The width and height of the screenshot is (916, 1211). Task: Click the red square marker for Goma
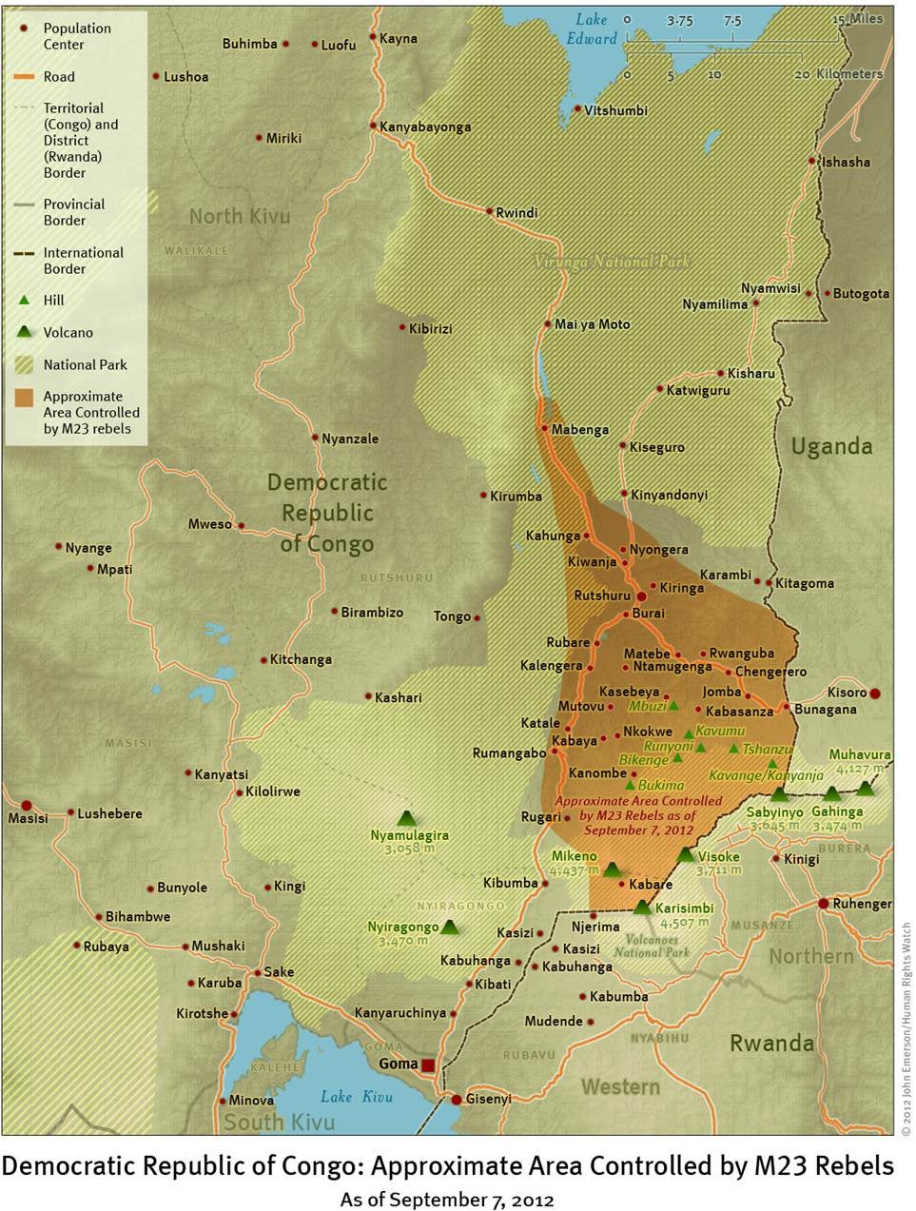[428, 1065]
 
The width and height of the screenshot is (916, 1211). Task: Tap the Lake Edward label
[591, 29]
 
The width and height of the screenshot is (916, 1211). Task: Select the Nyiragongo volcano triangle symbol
[450, 926]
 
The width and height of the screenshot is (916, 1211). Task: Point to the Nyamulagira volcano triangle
[407, 817]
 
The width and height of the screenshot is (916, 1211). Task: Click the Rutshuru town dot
[641, 596]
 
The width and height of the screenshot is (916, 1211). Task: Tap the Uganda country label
[831, 446]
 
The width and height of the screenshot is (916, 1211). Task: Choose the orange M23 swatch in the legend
[25, 397]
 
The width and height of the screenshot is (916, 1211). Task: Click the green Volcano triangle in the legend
[25, 332]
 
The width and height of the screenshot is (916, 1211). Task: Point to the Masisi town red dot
[27, 806]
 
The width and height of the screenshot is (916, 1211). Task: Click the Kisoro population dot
[875, 693]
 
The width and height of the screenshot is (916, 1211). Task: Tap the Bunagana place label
[825, 710]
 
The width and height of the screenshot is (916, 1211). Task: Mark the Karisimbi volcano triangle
[643, 907]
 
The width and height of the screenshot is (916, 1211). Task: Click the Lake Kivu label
[357, 1097]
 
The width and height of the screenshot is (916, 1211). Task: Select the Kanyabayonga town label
[425, 127]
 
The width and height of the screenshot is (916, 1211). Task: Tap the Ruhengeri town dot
[824, 903]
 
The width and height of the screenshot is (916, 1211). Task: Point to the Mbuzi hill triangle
[673, 705]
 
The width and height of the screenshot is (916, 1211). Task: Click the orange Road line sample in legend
[25, 77]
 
